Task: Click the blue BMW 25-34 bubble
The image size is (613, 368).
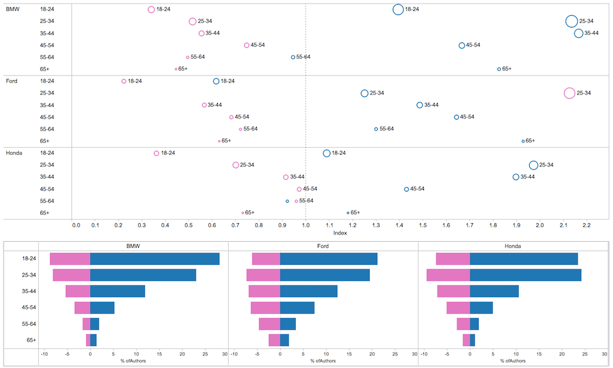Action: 572,22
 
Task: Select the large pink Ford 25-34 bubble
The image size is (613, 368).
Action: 569,93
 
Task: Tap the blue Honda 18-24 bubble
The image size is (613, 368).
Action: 326,153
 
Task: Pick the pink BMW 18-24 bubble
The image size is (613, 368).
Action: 151,10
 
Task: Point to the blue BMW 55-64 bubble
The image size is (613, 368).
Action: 293,57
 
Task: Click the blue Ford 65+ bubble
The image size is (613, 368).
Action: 523,141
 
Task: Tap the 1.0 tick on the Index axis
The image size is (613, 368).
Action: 306,226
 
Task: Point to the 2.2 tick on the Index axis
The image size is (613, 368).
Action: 586,226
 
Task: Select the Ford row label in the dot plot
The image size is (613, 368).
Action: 12,81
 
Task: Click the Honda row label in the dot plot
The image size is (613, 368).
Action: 14,153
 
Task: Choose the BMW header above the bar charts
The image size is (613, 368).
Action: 133,246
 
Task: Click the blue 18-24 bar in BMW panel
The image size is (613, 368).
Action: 154,259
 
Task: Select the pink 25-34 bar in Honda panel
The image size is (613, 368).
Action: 448,275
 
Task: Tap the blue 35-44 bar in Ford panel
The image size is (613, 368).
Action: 308,291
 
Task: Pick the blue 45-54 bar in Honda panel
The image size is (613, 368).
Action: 481,308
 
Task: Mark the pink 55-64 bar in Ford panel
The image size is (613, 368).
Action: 269,324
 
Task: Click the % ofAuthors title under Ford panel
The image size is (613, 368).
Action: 323,361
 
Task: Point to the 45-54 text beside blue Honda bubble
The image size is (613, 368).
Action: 417,189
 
